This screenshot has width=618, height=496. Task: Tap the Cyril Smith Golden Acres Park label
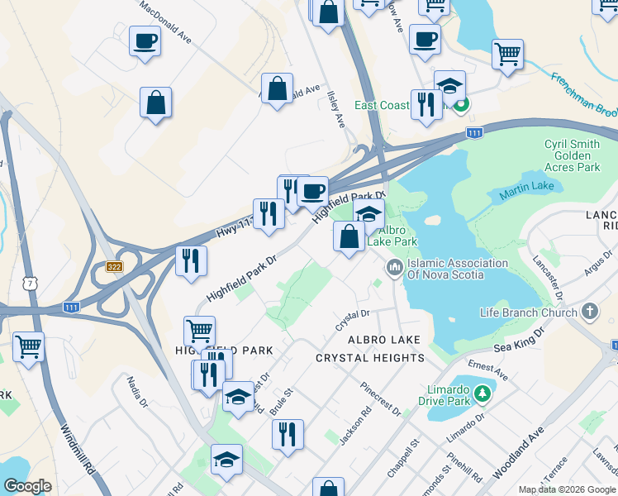[x=572, y=155]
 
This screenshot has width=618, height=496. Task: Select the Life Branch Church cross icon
[x=589, y=312]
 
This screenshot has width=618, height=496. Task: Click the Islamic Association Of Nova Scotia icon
[x=393, y=269]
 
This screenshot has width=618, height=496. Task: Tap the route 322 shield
[x=115, y=266]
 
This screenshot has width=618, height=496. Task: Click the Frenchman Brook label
[x=583, y=93]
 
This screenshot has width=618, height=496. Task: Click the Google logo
[x=27, y=486]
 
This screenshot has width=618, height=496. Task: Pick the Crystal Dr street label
[x=352, y=320]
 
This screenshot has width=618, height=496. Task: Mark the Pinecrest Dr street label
[x=380, y=399]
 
